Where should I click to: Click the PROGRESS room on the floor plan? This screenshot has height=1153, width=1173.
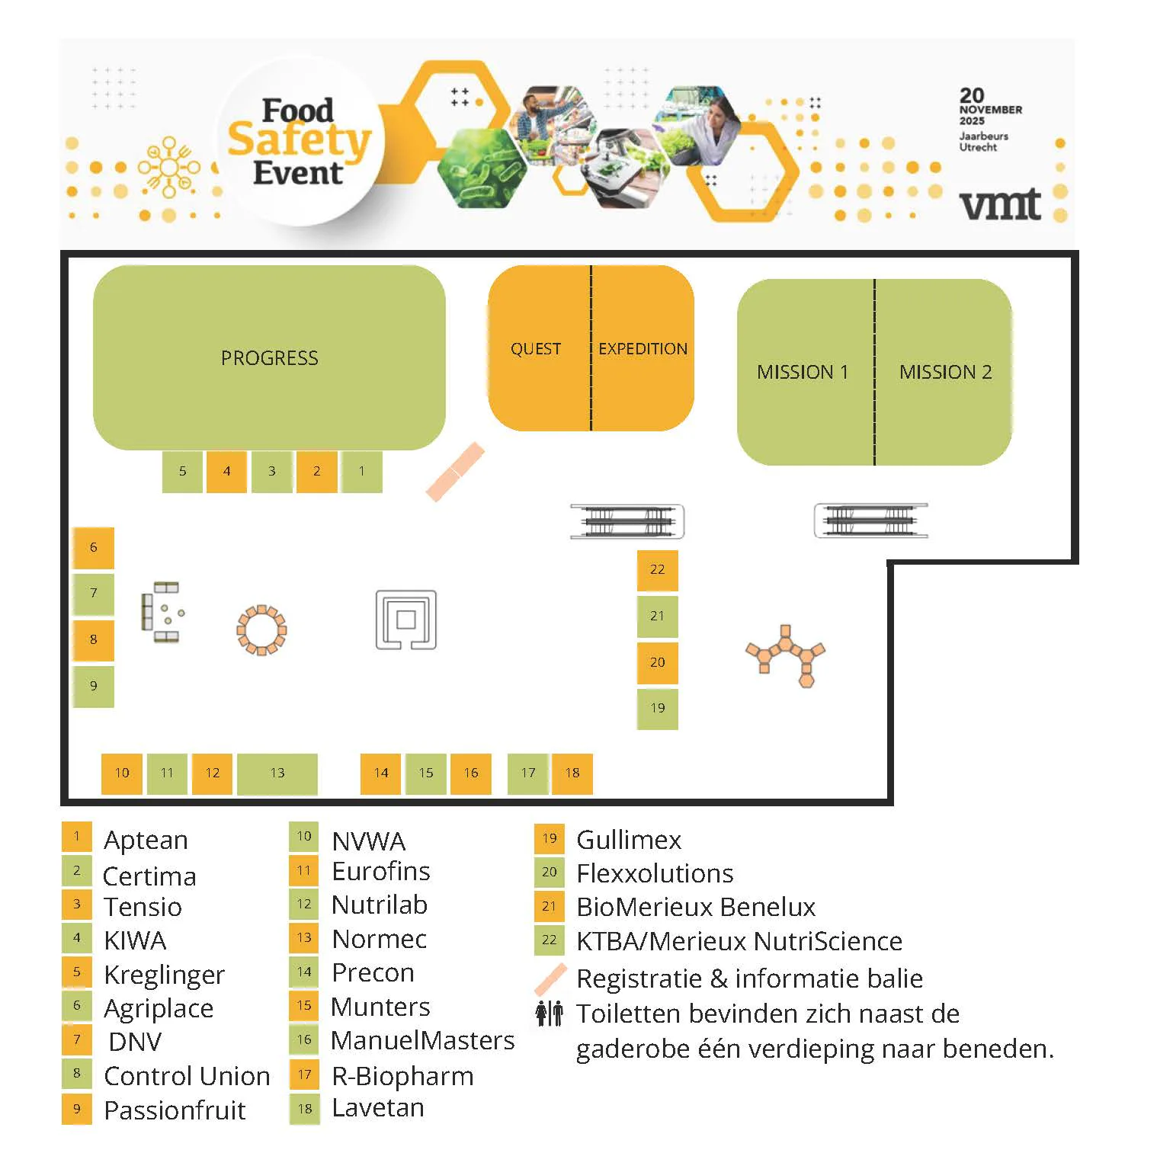[x=269, y=357]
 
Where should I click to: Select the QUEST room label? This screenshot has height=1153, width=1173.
[x=536, y=349]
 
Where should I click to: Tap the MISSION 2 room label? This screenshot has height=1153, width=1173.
[x=945, y=372]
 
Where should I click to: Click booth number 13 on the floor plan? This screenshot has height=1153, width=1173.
[x=277, y=773]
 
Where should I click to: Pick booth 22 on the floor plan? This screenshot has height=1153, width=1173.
[x=657, y=569]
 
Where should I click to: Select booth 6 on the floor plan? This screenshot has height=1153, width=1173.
[x=93, y=547]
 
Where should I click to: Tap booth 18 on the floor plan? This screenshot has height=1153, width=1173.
[x=572, y=773]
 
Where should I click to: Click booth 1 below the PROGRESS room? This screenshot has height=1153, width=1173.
[x=362, y=471]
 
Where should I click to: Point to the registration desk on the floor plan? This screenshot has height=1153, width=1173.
[x=455, y=472]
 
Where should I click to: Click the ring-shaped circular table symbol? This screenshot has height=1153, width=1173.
[x=261, y=630]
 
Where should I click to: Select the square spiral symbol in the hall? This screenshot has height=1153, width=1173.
[x=406, y=620]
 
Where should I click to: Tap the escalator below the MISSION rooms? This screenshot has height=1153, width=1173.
[x=871, y=520]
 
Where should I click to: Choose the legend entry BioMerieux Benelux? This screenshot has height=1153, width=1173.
[x=696, y=907]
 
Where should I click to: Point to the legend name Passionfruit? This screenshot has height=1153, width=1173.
[x=175, y=1110]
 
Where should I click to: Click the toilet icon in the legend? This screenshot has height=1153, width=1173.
[x=549, y=1014]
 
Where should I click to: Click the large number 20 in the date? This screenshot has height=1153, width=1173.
[x=972, y=95]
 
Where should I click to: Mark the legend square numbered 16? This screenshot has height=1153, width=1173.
[x=304, y=1039]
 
